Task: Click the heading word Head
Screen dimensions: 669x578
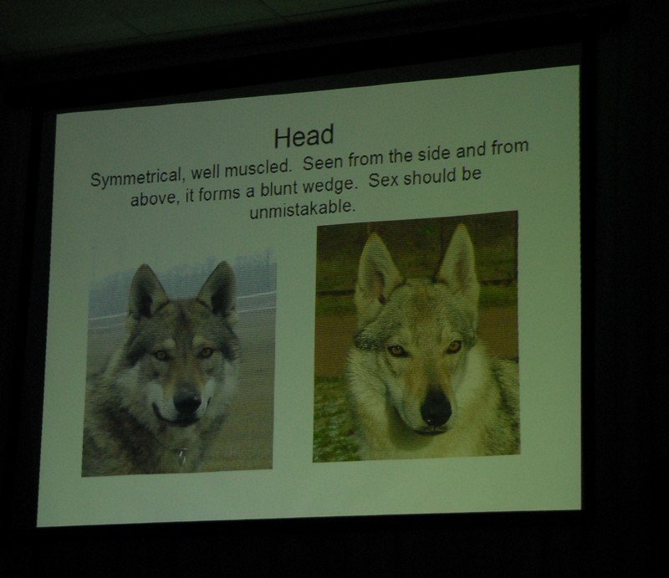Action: point(304,136)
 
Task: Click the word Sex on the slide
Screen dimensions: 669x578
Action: point(384,180)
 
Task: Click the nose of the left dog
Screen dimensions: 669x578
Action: point(186,402)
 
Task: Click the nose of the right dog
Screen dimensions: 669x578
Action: point(435,408)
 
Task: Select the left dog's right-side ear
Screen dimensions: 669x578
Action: point(219,288)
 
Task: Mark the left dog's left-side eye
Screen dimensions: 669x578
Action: point(161,355)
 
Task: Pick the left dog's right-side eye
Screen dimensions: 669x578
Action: point(206,353)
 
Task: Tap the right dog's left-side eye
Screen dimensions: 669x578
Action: point(396,350)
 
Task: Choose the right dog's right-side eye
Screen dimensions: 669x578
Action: point(453,346)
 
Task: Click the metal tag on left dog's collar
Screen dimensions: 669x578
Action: point(183,457)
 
